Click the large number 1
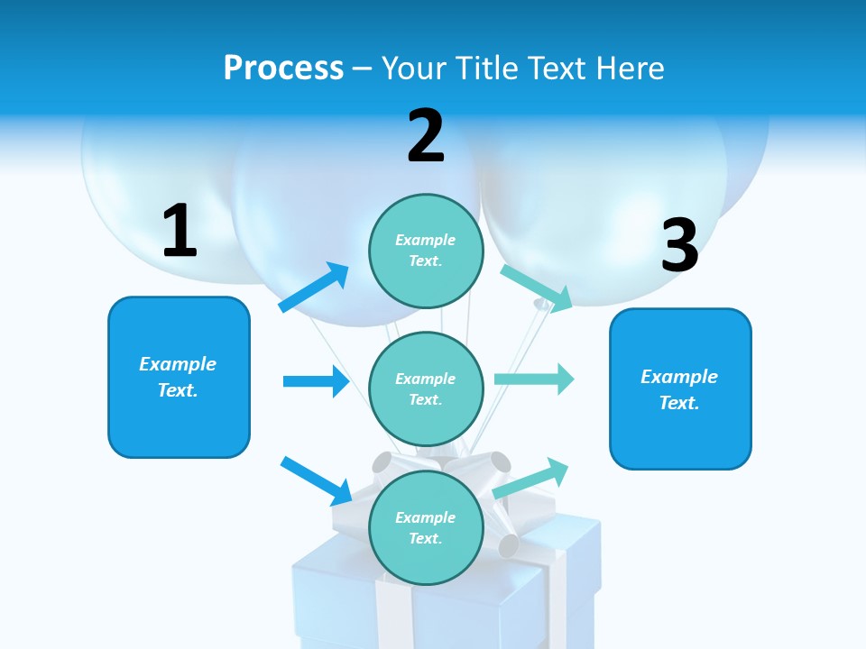[x=180, y=232]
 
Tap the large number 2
[x=426, y=137]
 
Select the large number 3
[x=679, y=247]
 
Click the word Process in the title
[x=283, y=68]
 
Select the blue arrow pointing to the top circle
[x=314, y=288]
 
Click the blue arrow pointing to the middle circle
[x=316, y=381]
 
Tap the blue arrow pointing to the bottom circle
[x=316, y=480]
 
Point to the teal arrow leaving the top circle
[x=537, y=288]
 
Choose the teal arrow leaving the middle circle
[x=534, y=379]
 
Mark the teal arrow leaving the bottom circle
[x=530, y=478]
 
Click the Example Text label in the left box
[x=178, y=377]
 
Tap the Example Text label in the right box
[x=679, y=389]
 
